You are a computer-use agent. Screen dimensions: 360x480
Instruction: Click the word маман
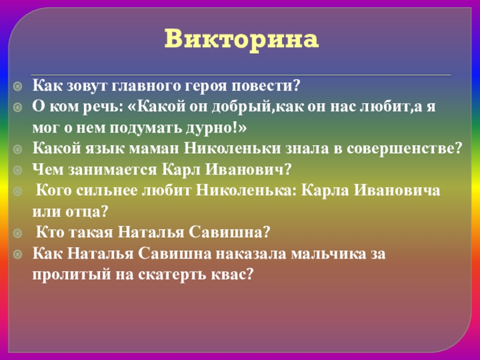pyautogui.click(x=153, y=149)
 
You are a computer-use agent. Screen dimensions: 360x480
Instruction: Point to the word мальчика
pyautogui.click(x=328, y=254)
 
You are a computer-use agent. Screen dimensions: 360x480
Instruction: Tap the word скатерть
pyautogui.click(x=161, y=275)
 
